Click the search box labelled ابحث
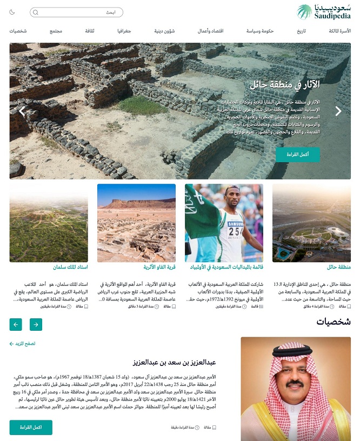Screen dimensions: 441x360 [76, 12]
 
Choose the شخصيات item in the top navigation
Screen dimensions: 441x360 [18, 31]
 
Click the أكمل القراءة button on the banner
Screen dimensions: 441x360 [298, 155]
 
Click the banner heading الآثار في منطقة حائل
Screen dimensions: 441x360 [285, 84]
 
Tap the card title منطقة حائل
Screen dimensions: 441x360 [339, 267]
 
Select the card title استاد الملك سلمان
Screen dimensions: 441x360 [70, 267]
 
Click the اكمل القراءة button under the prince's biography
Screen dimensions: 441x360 [31, 427]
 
